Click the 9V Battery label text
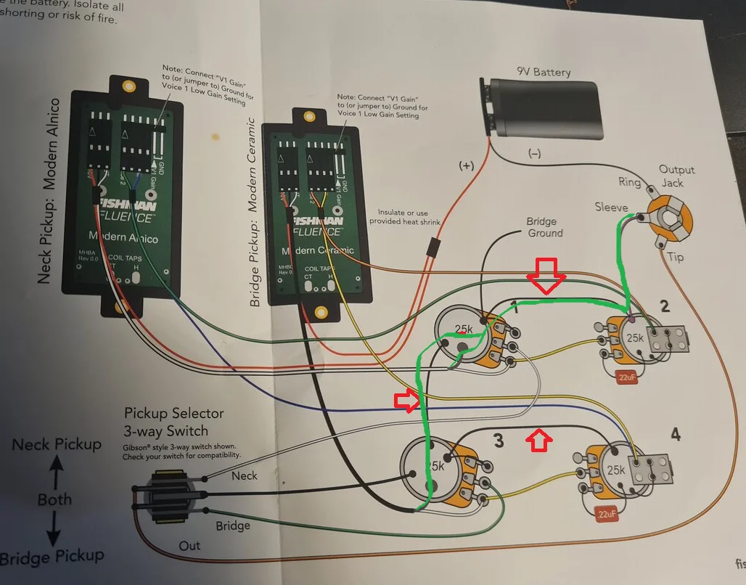[x=544, y=72]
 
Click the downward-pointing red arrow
[x=546, y=274]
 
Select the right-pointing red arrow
[x=407, y=401]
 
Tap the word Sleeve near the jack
[x=610, y=208]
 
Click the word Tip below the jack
[x=674, y=257]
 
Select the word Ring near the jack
[x=629, y=181]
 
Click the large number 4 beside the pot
[x=676, y=435]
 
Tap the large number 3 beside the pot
[x=498, y=439]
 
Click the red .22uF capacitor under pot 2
[x=626, y=377]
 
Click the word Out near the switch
[x=190, y=545]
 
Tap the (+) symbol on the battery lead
[x=466, y=165]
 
